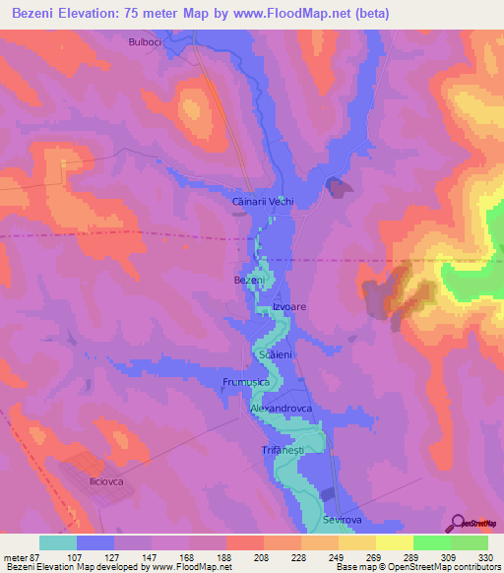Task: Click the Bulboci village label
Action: pos(145,42)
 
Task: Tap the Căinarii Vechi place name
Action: pos(262,201)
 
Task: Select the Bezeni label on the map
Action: pos(249,281)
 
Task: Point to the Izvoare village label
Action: pos(289,307)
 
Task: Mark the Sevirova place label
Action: pos(346,518)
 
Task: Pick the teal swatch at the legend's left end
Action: pos(58,542)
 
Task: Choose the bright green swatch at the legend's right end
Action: pos(469,542)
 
